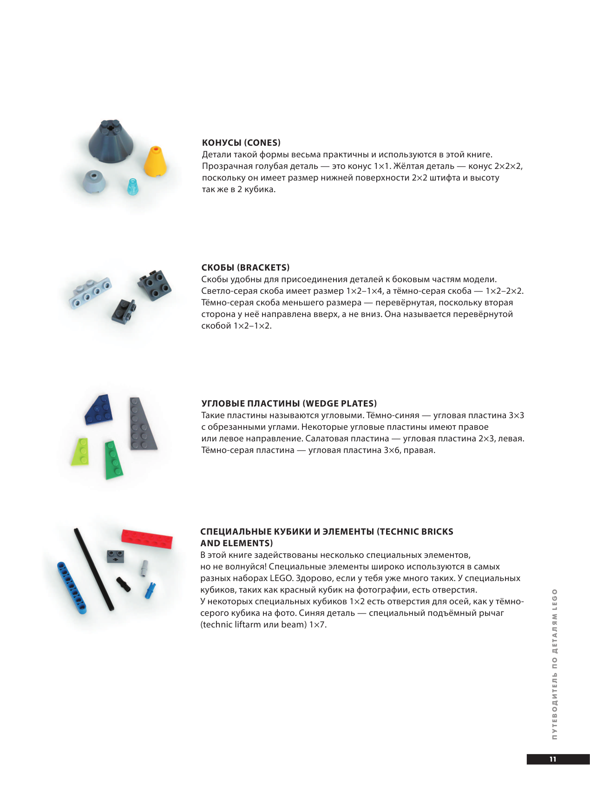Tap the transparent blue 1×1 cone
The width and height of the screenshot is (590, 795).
(133, 187)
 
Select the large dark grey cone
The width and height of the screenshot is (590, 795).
(111, 142)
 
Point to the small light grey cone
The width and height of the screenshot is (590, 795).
(94, 181)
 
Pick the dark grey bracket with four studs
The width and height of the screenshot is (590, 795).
(155, 284)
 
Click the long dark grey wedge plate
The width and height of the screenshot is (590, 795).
(141, 425)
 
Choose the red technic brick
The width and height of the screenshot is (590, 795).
(147, 539)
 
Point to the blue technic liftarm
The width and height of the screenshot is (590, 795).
(72, 587)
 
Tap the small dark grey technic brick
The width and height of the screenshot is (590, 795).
(116, 556)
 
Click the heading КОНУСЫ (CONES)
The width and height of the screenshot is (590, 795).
(241, 142)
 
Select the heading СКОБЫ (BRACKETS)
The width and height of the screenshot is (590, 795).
(245, 267)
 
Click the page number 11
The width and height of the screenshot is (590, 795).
(553, 759)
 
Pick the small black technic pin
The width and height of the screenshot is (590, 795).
(124, 584)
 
